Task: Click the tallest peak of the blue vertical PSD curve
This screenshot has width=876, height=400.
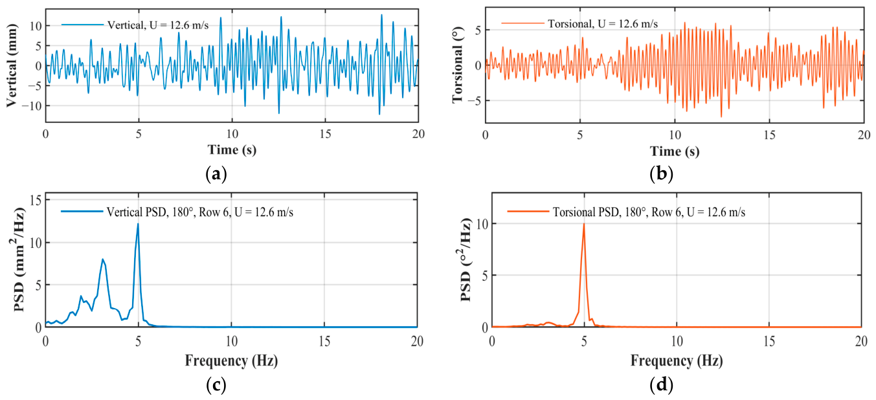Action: [x=138, y=224]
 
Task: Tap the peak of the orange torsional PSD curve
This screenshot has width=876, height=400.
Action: [x=584, y=223]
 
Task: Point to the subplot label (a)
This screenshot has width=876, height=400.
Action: [x=216, y=174]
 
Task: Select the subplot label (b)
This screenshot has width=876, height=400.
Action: [x=661, y=174]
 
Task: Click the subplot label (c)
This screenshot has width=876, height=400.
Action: [x=216, y=385]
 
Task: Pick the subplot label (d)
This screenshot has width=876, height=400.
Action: [x=661, y=385]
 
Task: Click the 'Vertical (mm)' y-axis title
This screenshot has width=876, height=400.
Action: [x=12, y=65]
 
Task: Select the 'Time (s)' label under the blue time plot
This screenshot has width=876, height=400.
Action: [x=232, y=150]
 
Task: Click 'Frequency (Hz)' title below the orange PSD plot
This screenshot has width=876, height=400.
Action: [x=677, y=360]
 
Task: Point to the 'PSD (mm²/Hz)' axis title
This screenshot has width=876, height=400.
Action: [x=18, y=260]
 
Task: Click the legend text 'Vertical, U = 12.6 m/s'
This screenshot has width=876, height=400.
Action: [x=158, y=25]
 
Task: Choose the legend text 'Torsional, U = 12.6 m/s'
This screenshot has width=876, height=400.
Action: [x=603, y=24]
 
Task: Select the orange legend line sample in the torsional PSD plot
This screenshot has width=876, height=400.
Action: [x=528, y=212]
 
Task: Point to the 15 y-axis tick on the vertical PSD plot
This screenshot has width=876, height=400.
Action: [x=36, y=200]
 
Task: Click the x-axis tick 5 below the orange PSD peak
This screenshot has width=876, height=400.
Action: [x=584, y=341]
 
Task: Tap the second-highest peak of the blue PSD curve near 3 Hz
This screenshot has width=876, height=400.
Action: [x=103, y=259]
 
